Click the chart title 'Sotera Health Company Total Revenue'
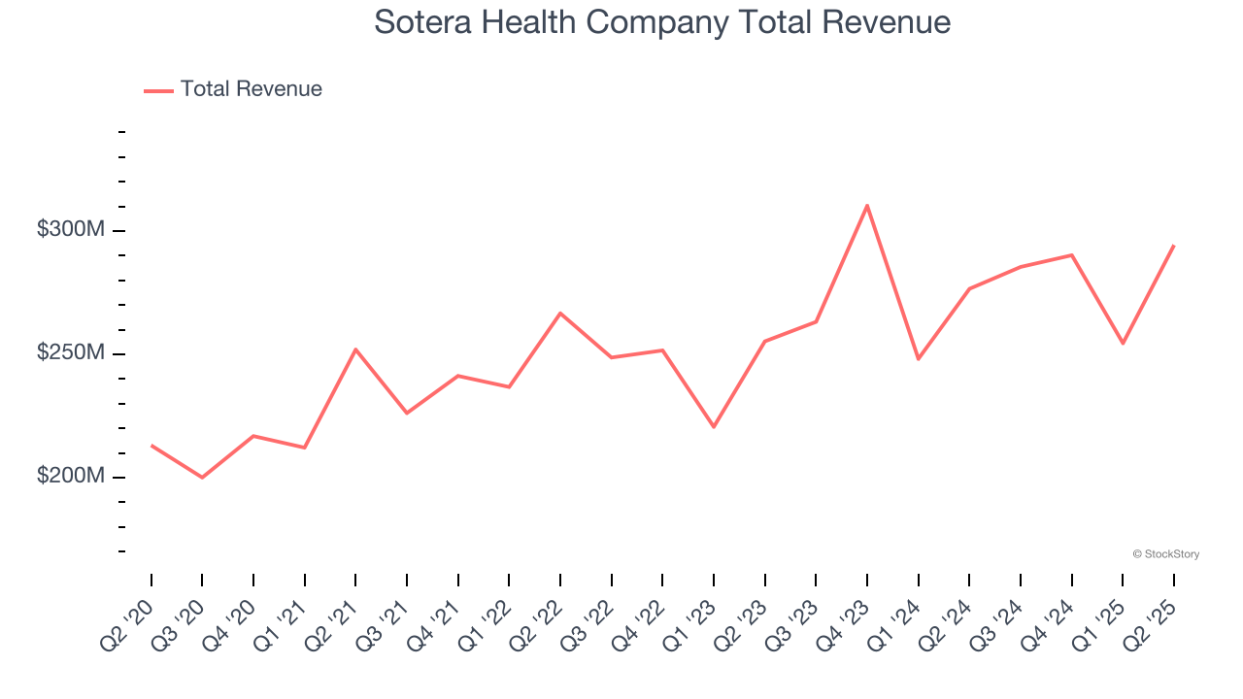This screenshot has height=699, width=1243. (662, 22)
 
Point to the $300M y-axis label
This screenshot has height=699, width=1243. (70, 230)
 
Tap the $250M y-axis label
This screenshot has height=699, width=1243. (70, 353)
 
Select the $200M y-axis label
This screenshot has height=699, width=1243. (70, 477)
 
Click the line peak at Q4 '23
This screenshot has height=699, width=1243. (867, 205)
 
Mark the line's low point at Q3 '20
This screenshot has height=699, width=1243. (202, 478)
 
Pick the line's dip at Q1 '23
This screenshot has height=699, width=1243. (714, 427)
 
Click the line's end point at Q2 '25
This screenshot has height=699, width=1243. (1173, 246)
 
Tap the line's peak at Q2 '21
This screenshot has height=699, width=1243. (355, 349)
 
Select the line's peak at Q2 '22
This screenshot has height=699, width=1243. (560, 313)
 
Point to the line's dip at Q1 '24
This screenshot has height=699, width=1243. (918, 359)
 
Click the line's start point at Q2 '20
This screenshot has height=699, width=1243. (151, 446)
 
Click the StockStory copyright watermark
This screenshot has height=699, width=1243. (1165, 554)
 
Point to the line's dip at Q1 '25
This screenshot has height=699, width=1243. (1123, 343)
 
